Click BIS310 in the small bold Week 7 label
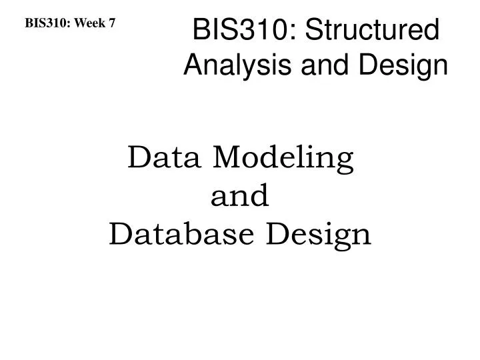point(47,23)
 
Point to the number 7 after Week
point(112,23)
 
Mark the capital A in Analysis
point(192,65)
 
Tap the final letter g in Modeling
point(345,163)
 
